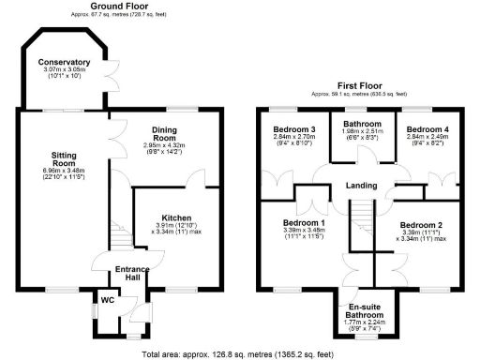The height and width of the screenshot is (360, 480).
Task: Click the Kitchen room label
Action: click(x=176, y=215)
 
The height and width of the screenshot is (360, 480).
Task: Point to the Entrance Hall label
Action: click(x=131, y=274)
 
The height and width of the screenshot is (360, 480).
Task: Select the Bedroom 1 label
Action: click(x=302, y=223)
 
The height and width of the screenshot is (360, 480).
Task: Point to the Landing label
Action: click(x=361, y=185)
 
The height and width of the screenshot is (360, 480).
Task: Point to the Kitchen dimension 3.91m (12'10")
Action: click(x=176, y=225)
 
